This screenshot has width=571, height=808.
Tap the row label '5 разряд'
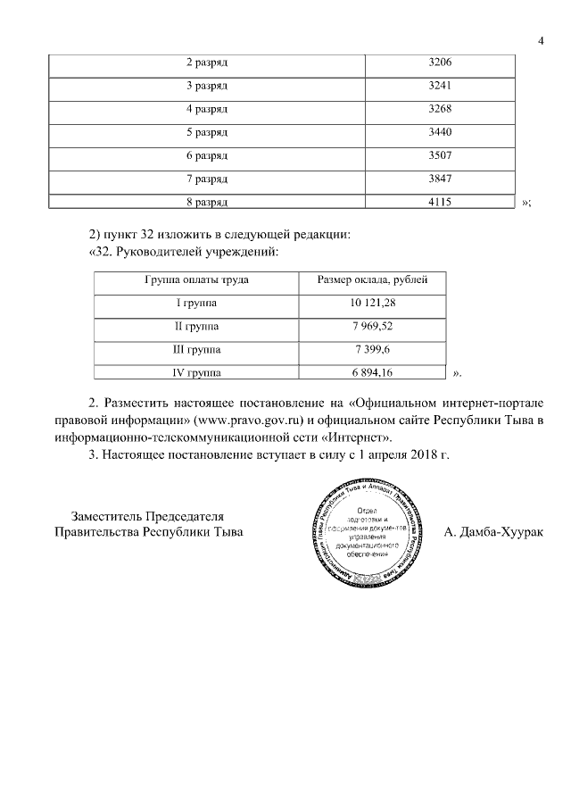click(x=207, y=132)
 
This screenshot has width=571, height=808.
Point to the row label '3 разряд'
click(x=207, y=87)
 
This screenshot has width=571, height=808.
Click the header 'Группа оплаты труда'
click(x=196, y=280)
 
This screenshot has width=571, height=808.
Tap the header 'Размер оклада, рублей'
click(x=373, y=280)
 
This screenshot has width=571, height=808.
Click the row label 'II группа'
click(x=196, y=327)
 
